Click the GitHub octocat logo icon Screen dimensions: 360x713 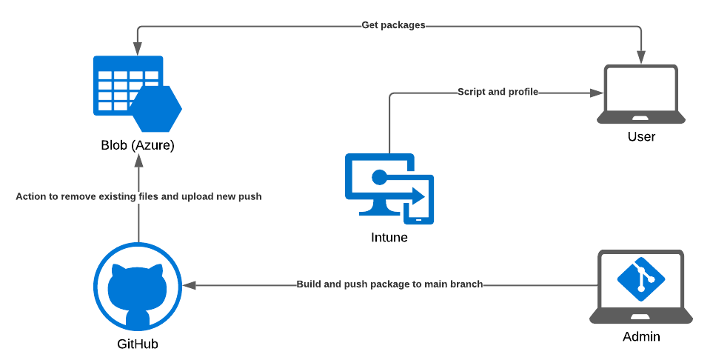click(138, 286)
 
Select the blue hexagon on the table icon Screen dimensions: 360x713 click(156, 108)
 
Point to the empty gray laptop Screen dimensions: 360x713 click(641, 95)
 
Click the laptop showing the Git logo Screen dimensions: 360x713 click(641, 287)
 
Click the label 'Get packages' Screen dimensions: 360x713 click(393, 25)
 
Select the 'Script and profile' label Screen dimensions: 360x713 click(498, 93)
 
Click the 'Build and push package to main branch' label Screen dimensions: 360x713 click(390, 284)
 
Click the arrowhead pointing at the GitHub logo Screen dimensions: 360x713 click(190, 284)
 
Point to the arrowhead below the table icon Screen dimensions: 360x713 click(138, 161)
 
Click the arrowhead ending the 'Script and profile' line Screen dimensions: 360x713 click(597, 93)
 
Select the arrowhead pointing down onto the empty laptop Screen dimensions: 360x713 click(641, 57)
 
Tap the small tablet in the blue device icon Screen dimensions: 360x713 click(418, 201)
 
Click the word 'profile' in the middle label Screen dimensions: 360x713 click(522, 93)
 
